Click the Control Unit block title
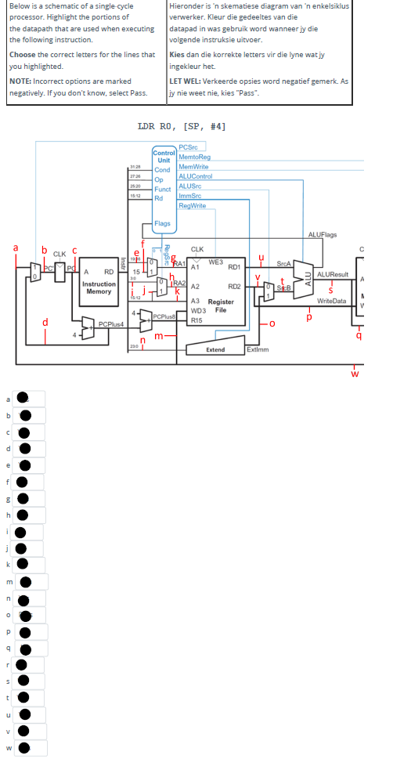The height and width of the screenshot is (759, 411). [164, 157]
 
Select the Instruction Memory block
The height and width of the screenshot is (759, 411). [99, 287]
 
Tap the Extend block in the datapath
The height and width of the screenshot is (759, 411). [215, 349]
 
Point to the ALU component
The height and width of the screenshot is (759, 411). [308, 281]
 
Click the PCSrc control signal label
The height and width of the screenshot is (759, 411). [188, 147]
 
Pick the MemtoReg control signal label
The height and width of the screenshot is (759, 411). [194, 157]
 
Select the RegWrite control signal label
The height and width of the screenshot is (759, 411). [192, 205]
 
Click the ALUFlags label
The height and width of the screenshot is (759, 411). [322, 234]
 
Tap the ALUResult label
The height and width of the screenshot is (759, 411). [333, 274]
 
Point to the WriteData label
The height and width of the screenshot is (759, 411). [331, 301]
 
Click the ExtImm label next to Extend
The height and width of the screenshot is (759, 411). [258, 349]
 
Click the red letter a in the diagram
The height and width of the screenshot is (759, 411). [16, 248]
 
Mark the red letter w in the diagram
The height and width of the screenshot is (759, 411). [355, 372]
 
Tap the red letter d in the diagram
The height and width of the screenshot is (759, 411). [45, 322]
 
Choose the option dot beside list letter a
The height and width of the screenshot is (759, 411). [23, 398]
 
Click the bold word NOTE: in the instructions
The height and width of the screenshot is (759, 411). [20, 81]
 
